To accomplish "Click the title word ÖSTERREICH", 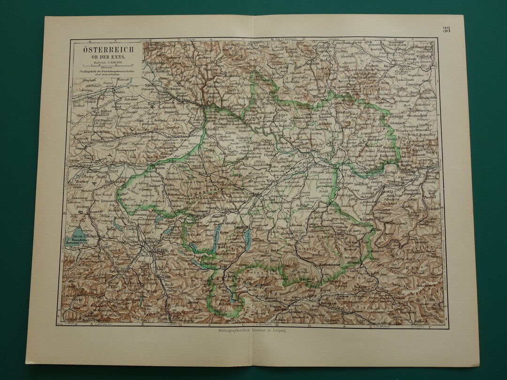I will tap(108, 49).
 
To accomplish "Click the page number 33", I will tap(446, 30).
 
